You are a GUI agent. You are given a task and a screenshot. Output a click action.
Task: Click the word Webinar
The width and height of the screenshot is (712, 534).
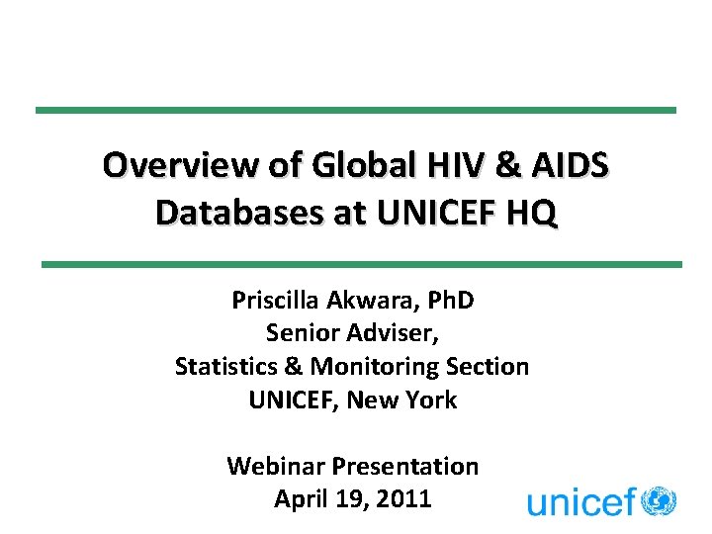(275, 465)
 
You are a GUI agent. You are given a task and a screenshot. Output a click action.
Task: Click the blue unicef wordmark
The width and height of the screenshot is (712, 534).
(580, 502)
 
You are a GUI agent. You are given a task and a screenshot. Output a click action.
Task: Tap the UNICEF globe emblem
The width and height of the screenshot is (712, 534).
(658, 500)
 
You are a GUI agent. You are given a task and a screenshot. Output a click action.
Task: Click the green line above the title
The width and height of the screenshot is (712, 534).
(356, 110)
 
